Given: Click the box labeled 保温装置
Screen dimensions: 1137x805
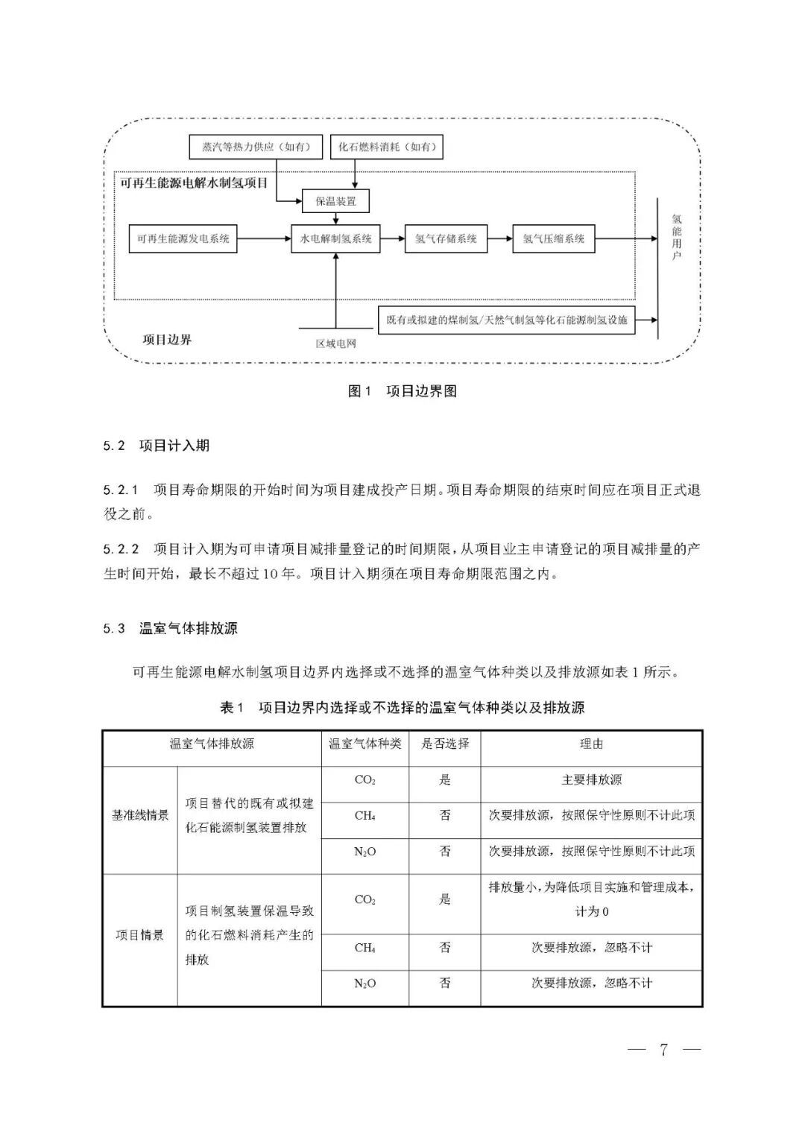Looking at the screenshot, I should point(335,201).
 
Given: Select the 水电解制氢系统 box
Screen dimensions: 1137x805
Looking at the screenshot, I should point(335,239).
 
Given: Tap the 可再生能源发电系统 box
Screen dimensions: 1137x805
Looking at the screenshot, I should point(183,239).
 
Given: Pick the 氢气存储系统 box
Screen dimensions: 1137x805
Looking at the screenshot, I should point(446,239).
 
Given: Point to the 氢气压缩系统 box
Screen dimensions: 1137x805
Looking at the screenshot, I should point(554,239).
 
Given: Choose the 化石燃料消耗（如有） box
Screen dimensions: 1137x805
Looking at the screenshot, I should point(386,147).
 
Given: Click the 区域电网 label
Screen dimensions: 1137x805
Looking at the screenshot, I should point(335,343).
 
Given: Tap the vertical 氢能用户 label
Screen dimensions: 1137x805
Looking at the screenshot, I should point(676,238).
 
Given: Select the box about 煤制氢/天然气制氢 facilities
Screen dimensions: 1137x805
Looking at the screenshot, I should point(507,320).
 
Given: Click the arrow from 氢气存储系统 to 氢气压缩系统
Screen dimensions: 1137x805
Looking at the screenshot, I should point(500,239).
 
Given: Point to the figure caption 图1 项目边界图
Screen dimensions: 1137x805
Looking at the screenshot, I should point(402,391).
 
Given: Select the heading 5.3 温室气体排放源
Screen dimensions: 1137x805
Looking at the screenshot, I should point(171,628).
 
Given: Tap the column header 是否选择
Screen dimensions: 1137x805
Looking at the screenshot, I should point(445,744).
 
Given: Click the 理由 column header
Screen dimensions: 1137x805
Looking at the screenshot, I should point(591,744).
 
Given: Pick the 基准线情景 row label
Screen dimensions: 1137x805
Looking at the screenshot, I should point(140,816).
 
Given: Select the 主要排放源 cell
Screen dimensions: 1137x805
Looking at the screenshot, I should point(591,780).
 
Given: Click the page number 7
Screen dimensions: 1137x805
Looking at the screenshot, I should point(663,1050).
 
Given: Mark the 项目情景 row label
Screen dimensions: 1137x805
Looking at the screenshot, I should point(140,935).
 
